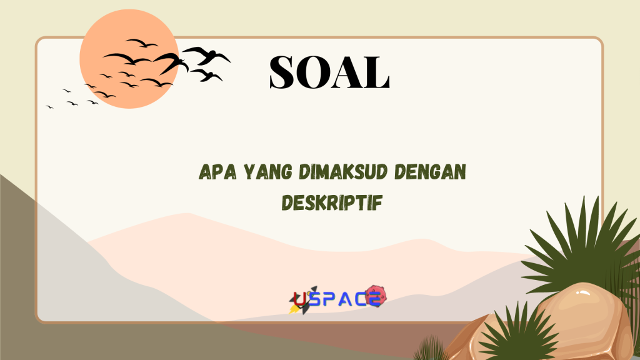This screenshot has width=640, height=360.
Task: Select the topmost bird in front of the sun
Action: point(141,43)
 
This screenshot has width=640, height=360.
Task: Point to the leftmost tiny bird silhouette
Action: point(49,107)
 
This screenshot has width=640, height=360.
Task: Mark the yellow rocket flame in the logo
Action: point(292,309)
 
